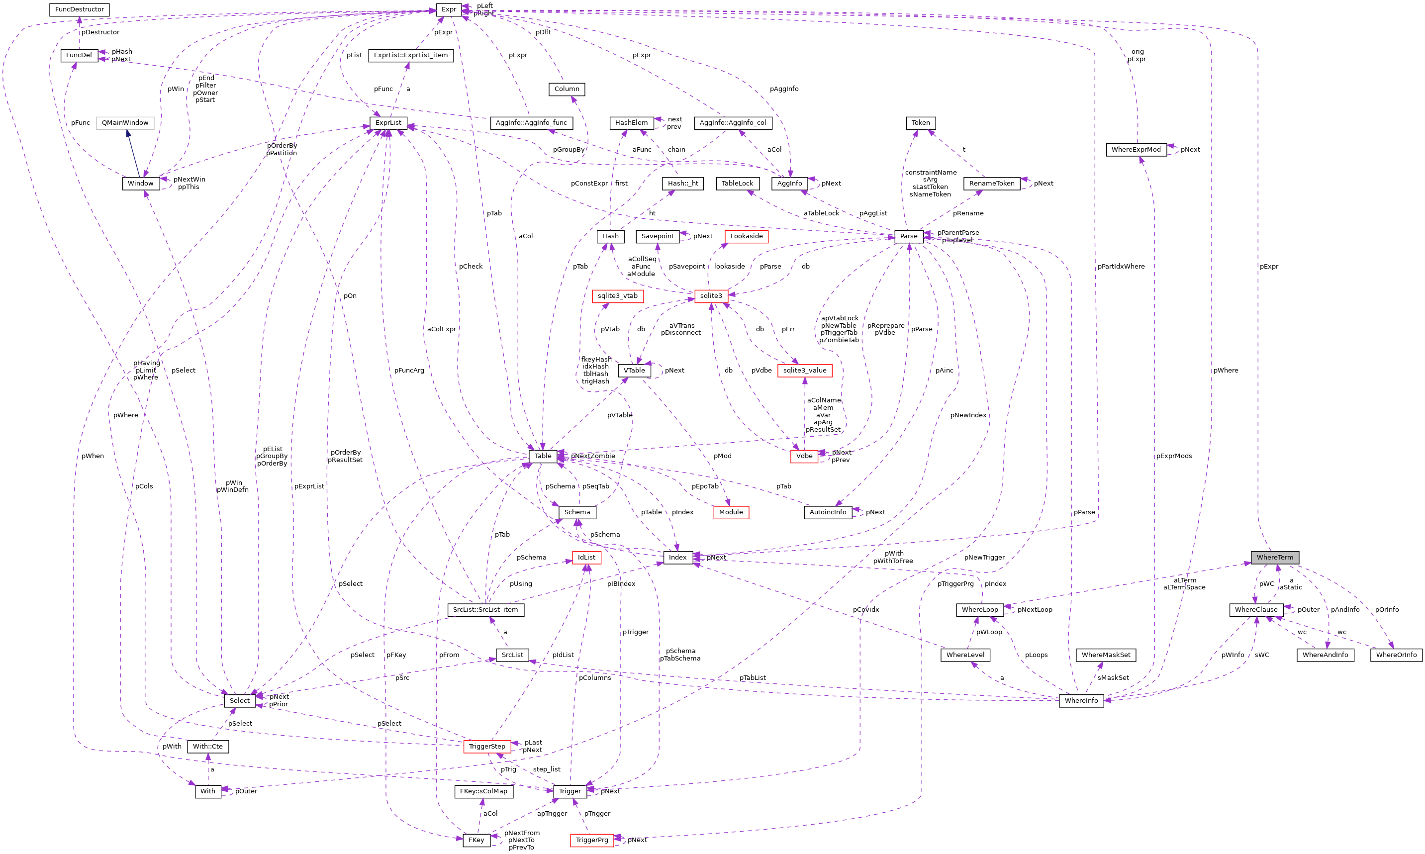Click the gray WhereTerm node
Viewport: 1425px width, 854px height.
(1274, 557)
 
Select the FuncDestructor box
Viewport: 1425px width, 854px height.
(80, 9)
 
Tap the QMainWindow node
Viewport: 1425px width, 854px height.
(125, 122)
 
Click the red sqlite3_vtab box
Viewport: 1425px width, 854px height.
(617, 296)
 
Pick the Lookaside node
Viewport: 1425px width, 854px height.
(746, 236)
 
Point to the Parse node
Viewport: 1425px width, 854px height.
(908, 236)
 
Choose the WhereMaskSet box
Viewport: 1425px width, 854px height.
(1105, 655)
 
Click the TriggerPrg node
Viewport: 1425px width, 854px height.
(591, 840)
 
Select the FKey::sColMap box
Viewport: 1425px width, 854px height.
(483, 791)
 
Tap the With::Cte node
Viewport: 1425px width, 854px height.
(208, 747)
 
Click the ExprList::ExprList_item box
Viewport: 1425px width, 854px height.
(410, 55)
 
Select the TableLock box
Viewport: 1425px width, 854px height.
(737, 184)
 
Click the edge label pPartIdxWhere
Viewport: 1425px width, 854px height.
(1121, 267)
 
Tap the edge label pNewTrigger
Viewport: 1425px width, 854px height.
(984, 557)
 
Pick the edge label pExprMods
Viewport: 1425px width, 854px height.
(1174, 456)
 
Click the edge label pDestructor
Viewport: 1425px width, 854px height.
(100, 32)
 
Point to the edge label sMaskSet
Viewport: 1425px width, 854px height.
(1113, 678)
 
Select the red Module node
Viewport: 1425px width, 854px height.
(731, 512)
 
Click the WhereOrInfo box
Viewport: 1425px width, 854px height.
(1396, 655)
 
